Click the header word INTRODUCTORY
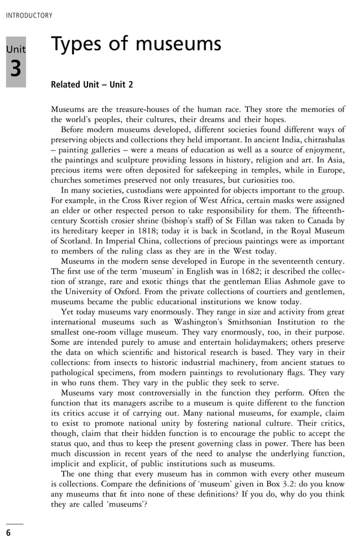(x=29, y=16)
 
